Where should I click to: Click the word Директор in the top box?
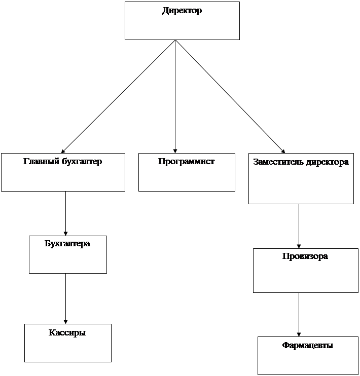click(182, 11)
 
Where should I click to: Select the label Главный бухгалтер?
click(63, 161)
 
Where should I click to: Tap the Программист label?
click(186, 161)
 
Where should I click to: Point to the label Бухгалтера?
click(67, 244)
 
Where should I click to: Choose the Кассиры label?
click(67, 332)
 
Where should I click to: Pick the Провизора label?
click(305, 256)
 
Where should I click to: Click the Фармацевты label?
click(307, 345)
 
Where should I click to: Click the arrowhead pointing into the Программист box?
click(175, 151)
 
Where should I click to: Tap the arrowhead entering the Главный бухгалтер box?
click(63, 151)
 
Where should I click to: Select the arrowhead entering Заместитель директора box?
click(283, 152)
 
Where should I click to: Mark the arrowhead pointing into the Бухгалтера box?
click(65, 234)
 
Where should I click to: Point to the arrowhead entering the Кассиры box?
click(65, 322)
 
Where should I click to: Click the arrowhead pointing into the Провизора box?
click(299, 246)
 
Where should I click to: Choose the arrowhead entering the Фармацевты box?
click(299, 334)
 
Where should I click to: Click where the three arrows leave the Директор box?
click(175, 40)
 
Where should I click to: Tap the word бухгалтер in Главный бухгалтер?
click(82, 161)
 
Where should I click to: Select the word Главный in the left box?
click(41, 161)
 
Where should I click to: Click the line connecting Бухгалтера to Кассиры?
click(65, 299)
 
